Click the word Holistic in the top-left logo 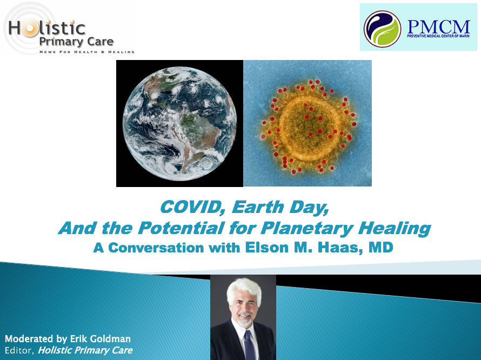[46, 28]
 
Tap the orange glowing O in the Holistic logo [29, 29]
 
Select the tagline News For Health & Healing [87, 52]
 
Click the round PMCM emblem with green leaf [382, 29]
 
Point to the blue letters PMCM [439, 27]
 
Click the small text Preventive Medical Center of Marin [438, 36]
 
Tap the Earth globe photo [180, 123]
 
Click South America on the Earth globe [196, 135]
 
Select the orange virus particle [308, 126]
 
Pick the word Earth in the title [258, 207]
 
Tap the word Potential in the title [181, 228]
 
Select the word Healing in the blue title [395, 229]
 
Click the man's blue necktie [249, 345]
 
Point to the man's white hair [244, 289]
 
